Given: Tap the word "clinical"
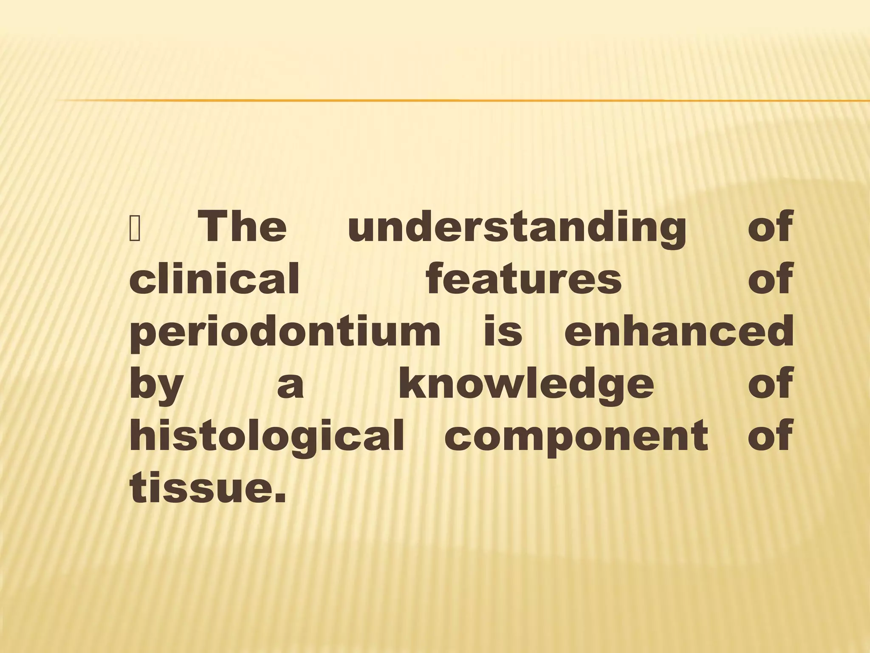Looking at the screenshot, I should [x=215, y=279].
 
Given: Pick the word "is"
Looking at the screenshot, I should [x=503, y=332].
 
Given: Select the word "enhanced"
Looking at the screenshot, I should [x=679, y=332].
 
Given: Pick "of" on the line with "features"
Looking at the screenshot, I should [x=770, y=279].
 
